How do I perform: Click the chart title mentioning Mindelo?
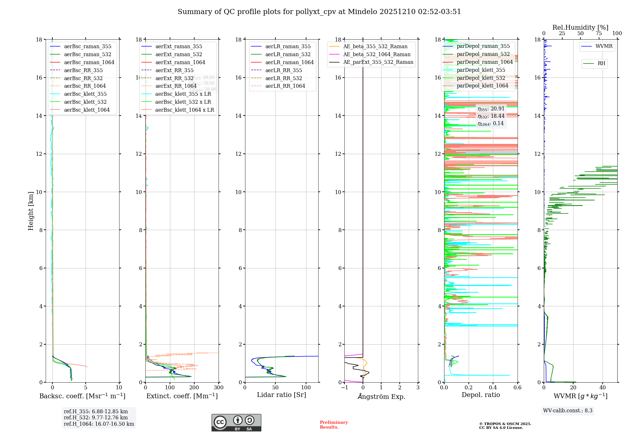tap(319, 12)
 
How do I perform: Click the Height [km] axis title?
tap(31, 211)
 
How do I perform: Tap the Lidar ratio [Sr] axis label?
tap(281, 395)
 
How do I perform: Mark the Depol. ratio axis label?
tap(481, 395)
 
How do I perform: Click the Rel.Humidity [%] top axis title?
tap(580, 27)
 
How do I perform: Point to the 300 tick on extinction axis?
tap(219, 388)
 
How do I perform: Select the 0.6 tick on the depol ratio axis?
tap(517, 388)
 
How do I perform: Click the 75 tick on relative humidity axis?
tap(599, 34)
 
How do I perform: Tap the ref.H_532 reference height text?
tap(96, 417)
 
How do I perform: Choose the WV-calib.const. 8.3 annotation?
tap(568, 410)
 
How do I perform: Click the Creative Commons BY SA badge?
tap(236, 423)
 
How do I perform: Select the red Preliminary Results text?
tap(334, 424)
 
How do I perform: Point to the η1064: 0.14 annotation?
tap(490, 123)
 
